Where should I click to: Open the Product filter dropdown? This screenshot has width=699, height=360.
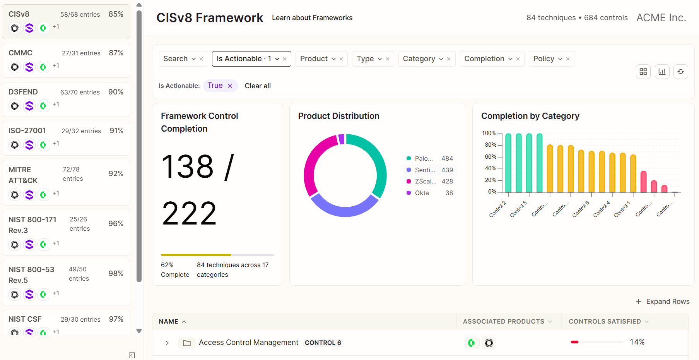(318, 59)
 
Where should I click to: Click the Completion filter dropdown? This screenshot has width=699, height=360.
(488, 59)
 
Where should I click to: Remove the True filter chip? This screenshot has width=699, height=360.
(230, 86)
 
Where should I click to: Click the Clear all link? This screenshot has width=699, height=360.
(258, 86)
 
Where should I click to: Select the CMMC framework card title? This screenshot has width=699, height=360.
(21, 53)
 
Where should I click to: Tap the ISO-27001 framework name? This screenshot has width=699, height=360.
(27, 130)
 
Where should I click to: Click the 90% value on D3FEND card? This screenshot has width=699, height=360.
(116, 92)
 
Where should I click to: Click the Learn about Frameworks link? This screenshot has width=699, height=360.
(312, 18)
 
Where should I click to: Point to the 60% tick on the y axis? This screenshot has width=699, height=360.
(490, 157)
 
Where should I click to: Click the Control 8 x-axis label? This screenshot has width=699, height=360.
(581, 209)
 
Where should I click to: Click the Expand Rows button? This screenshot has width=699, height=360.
(663, 302)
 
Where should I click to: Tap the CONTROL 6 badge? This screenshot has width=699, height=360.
(323, 343)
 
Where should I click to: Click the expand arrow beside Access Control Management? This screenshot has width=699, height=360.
(167, 343)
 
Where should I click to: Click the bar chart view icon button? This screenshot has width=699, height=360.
(662, 72)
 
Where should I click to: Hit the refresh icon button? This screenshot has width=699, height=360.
(681, 72)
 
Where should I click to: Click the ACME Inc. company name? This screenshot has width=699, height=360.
(661, 18)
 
